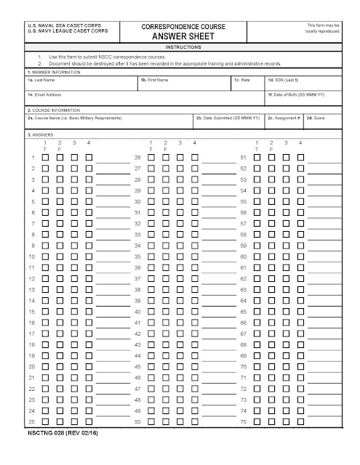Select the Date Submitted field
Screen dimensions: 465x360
(228, 122)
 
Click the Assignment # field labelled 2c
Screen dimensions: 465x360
(284, 122)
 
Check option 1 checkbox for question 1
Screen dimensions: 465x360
(45, 158)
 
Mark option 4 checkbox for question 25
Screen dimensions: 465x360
(89, 421)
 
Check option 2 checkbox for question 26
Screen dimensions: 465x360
(165, 158)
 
